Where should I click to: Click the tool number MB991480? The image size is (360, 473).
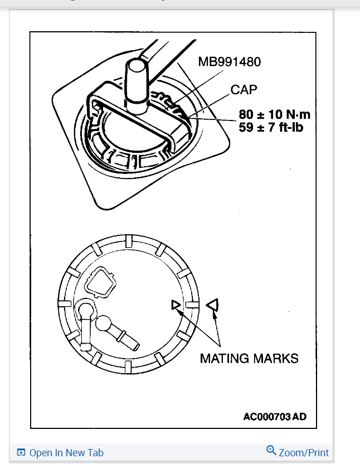(229, 61)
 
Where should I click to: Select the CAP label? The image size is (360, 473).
(244, 89)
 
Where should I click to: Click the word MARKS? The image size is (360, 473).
(278, 358)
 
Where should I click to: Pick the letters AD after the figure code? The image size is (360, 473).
(299, 416)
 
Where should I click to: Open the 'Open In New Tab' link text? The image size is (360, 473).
(66, 453)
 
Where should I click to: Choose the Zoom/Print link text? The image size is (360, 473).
(304, 452)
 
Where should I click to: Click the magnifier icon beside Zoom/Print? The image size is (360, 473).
(271, 450)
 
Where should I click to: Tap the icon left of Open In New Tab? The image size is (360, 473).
(21, 453)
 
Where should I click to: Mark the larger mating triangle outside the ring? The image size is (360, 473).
(212, 305)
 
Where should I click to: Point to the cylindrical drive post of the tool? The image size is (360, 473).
(135, 81)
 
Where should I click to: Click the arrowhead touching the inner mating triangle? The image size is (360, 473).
(180, 310)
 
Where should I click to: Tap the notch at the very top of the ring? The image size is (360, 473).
(128, 241)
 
